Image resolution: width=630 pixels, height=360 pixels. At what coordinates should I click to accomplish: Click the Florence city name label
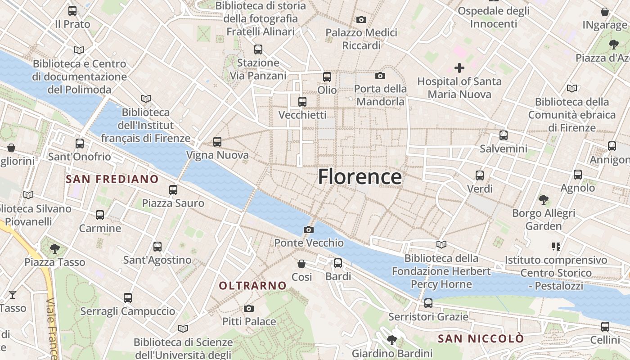pyautogui.click(x=360, y=177)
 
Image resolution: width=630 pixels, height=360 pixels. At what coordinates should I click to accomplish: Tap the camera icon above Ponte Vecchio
pyautogui.click(x=308, y=229)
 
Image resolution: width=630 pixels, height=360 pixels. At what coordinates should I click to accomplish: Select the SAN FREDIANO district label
pyautogui.click(x=112, y=179)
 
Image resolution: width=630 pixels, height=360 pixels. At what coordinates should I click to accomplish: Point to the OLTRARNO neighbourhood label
pyautogui.click(x=252, y=285)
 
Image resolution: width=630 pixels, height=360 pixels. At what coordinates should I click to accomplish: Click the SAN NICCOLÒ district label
pyautogui.click(x=481, y=338)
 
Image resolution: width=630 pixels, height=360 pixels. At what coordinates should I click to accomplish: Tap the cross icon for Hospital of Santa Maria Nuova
pyautogui.click(x=459, y=68)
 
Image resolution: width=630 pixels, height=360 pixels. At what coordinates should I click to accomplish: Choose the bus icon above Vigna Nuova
pyautogui.click(x=217, y=142)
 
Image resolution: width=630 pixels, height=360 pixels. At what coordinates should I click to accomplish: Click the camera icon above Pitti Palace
pyautogui.click(x=248, y=308)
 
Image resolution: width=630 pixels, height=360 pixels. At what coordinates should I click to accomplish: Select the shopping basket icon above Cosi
pyautogui.click(x=301, y=263)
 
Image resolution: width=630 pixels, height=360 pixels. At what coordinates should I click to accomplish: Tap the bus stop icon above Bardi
pyautogui.click(x=338, y=263)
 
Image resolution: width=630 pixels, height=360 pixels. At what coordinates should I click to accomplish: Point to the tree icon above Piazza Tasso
pyautogui.click(x=55, y=248)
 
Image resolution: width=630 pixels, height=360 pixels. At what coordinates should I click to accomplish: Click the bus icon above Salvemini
pyautogui.click(x=503, y=135)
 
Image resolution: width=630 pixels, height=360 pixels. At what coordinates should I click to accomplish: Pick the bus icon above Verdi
pyautogui.click(x=480, y=175)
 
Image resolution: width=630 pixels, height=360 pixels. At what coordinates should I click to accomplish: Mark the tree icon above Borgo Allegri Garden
pyautogui.click(x=544, y=199)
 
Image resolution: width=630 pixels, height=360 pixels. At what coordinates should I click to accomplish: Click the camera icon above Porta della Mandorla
pyautogui.click(x=380, y=76)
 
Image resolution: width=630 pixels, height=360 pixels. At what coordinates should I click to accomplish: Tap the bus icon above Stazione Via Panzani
pyautogui.click(x=258, y=49)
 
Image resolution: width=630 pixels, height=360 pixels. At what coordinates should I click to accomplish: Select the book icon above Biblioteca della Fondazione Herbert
pyautogui.click(x=441, y=244)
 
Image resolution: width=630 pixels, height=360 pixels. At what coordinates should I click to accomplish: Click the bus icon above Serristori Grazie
pyautogui.click(x=428, y=303)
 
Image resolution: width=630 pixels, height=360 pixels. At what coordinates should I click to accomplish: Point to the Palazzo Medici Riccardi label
pyautogui.click(x=361, y=39)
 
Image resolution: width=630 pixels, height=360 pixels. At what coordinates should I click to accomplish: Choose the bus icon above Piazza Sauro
pyautogui.click(x=173, y=190)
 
